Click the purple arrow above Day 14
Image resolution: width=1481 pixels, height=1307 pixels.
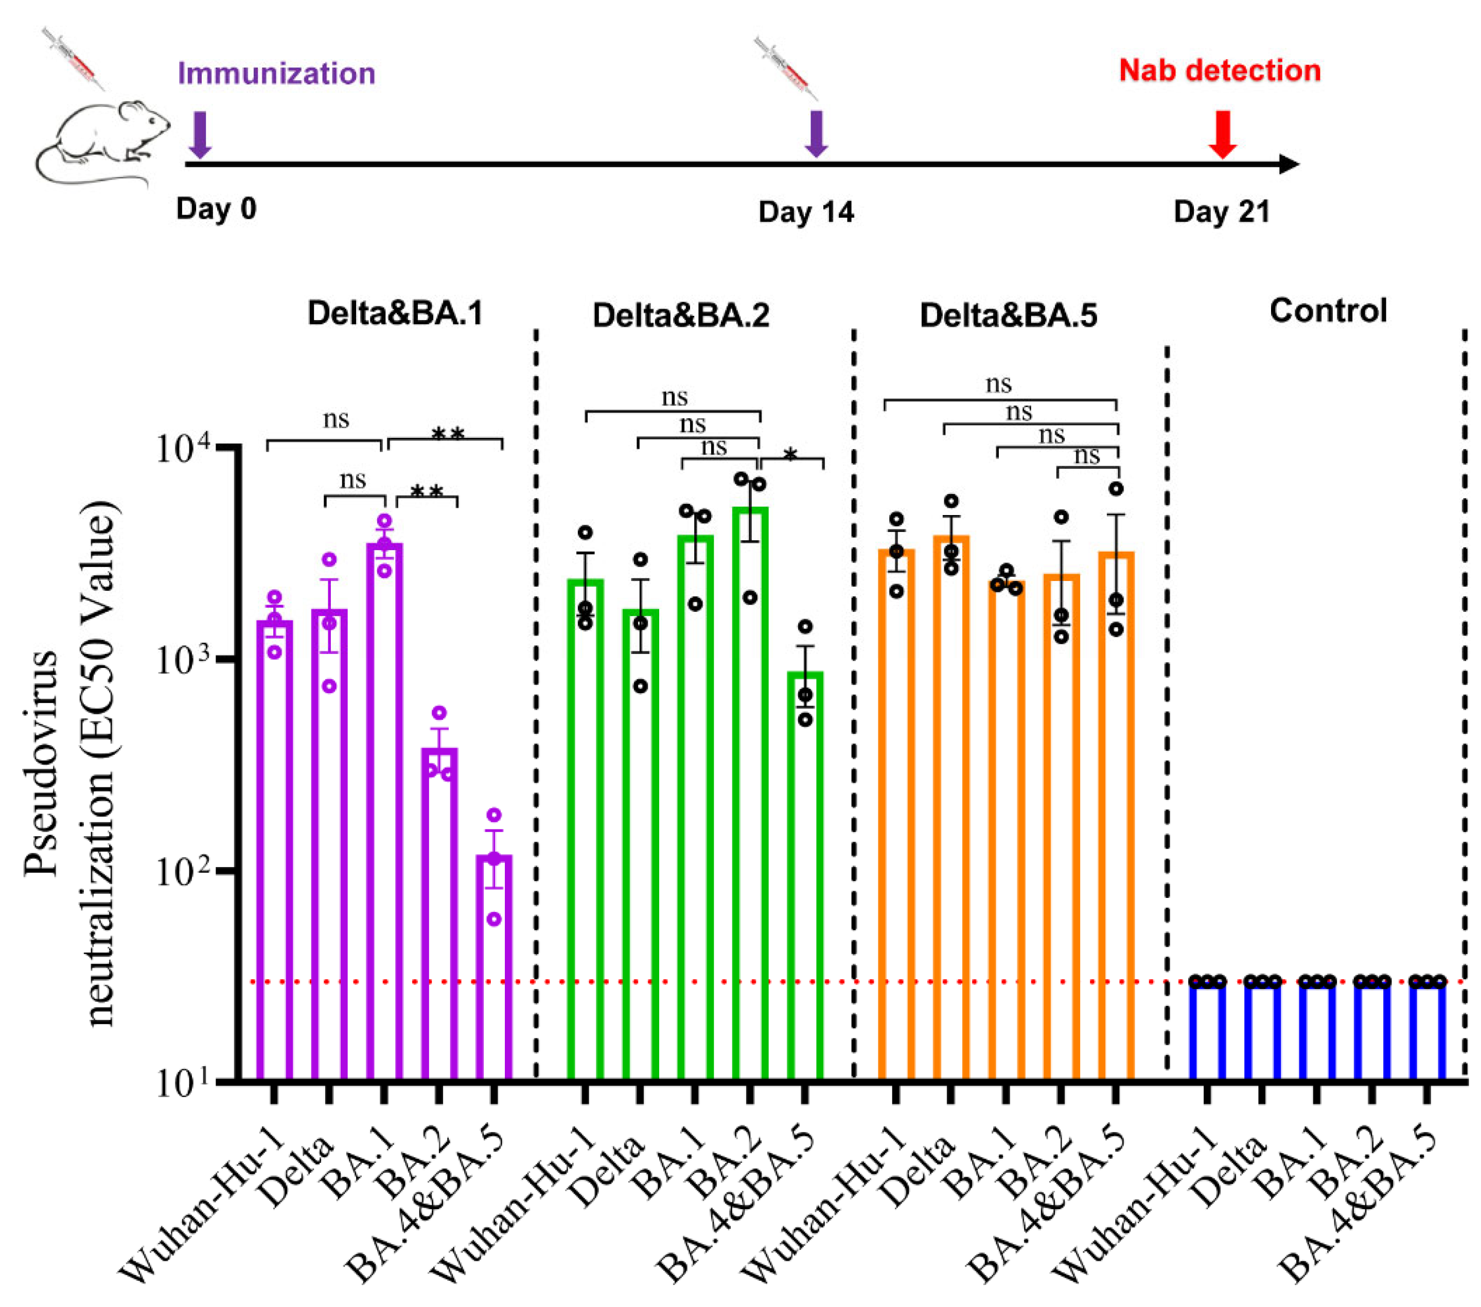pos(817,133)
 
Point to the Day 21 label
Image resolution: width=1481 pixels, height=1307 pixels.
pos(1222,213)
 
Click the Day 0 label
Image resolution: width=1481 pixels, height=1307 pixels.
pos(216,208)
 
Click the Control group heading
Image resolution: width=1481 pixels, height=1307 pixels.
pos(1328,311)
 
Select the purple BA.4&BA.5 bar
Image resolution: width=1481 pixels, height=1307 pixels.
pos(494,967)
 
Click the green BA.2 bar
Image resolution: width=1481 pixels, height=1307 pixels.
pos(750,793)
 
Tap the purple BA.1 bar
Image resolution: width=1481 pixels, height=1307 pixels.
pos(384,811)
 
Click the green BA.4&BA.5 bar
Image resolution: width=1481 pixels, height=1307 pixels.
pos(805,877)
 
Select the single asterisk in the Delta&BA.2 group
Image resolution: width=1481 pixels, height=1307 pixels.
pos(790,455)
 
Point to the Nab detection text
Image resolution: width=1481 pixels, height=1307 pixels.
pos(1220,71)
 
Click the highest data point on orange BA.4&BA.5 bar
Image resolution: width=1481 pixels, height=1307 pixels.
pos(1117,489)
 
